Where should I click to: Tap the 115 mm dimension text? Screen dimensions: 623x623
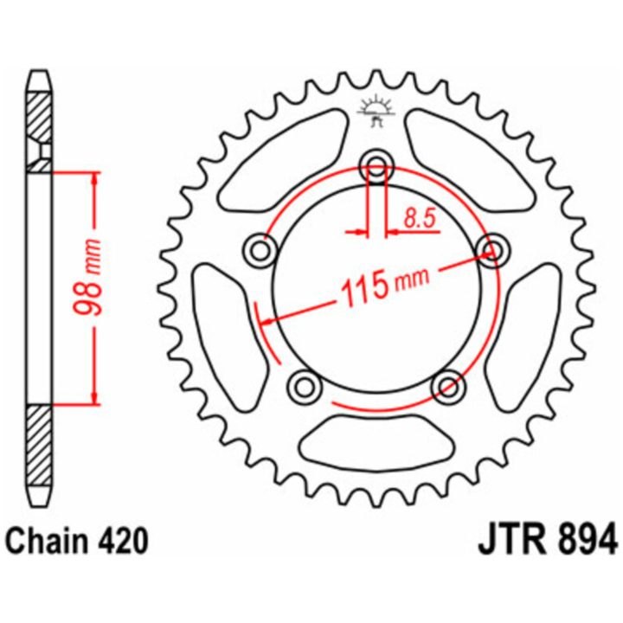384,283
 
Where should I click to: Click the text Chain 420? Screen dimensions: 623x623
78,541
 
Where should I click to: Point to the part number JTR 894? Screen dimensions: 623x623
548,541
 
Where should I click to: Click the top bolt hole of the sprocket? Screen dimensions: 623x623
376,166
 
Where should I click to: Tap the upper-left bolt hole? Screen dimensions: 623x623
260,250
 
